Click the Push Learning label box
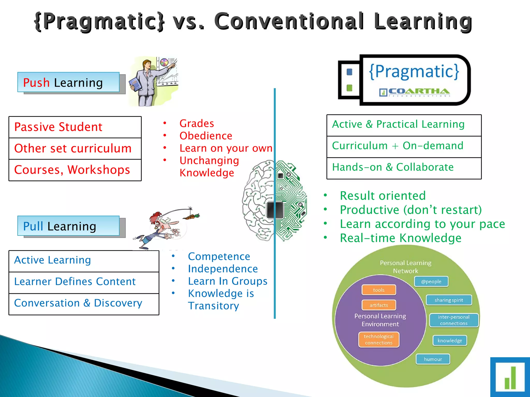pos(68,82)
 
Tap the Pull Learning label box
pos(68,226)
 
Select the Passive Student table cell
pos(75,127)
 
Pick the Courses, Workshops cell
pos(75,170)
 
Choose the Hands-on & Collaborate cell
pos(404,167)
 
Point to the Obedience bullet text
pos(206,136)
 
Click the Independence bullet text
pos(223,269)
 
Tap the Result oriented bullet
pos(382,196)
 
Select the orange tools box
pos(379,290)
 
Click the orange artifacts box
pos(379,305)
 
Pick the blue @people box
pos(431,281)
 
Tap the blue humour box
pos(433,359)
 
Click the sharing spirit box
pos(449,300)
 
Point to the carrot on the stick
pos(192,217)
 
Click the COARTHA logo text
pos(419,91)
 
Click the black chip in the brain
pos(275,210)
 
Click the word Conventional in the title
pos(289,21)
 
